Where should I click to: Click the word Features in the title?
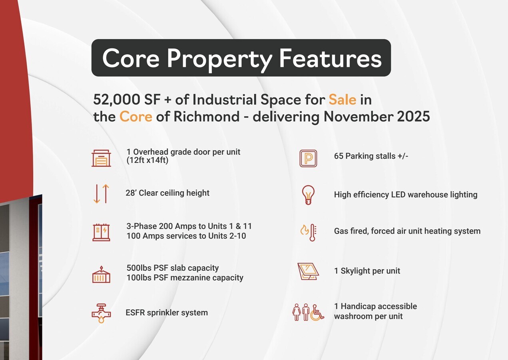(330, 58)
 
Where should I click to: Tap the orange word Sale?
(342, 100)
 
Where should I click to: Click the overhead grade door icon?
(101, 158)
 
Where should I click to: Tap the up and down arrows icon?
(101, 194)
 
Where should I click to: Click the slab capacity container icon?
(101, 274)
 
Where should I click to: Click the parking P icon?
(308, 158)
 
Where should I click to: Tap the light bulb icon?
(308, 195)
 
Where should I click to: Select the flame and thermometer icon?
(309, 232)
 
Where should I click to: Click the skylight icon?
(308, 271)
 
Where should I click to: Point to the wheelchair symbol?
(317, 312)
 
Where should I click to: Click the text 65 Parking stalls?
(371, 156)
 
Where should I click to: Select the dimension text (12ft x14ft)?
(147, 160)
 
